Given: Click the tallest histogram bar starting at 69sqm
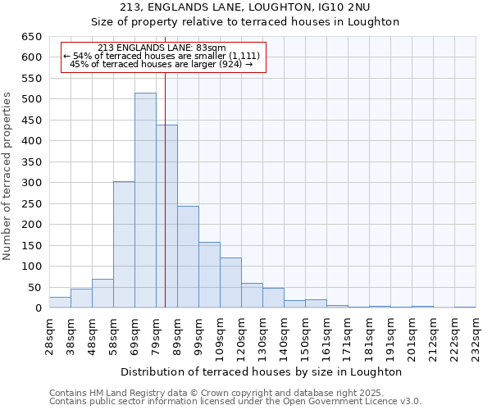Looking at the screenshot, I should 145,201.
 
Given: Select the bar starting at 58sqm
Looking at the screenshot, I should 124,245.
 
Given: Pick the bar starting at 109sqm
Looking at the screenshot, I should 230,283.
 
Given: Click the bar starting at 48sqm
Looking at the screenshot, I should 102,294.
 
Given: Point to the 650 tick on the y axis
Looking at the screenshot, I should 31,37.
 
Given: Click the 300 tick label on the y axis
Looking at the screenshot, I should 31,183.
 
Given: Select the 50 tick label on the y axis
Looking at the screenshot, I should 34,288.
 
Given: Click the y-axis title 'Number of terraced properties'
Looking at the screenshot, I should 7,176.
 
